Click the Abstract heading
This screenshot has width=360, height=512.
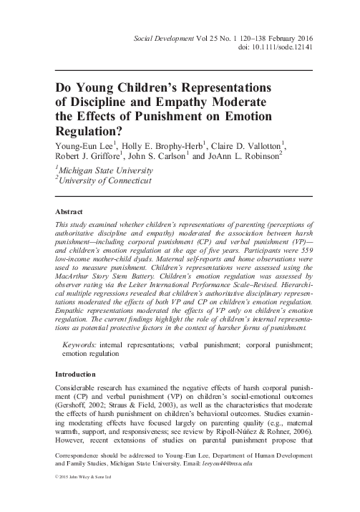(69, 213)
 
